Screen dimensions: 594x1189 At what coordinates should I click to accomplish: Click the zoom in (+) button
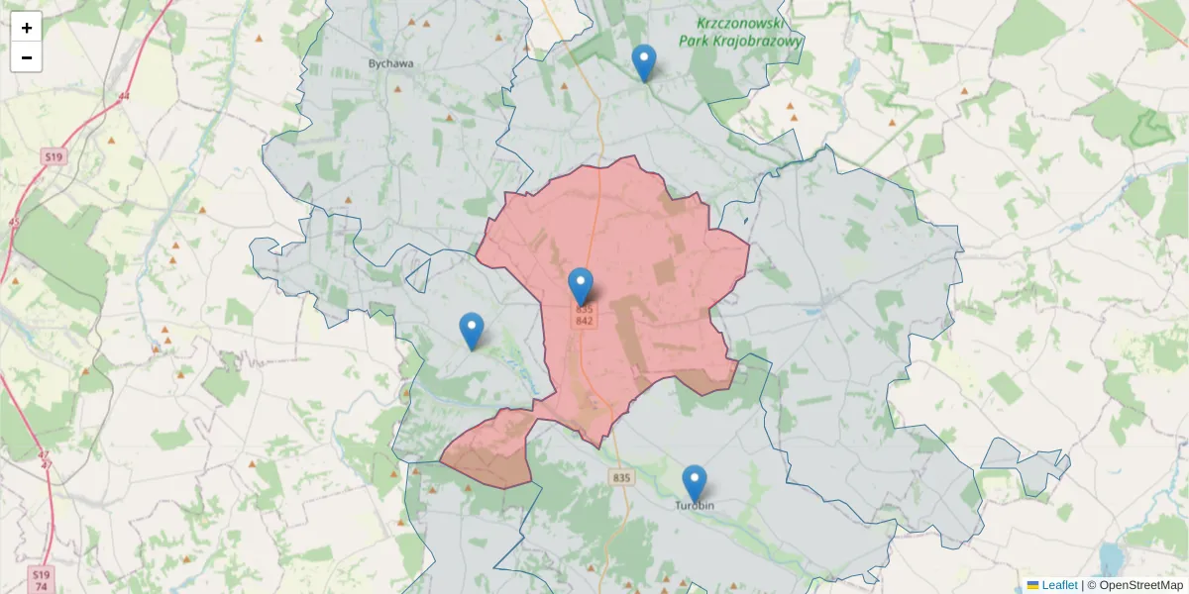tap(26, 28)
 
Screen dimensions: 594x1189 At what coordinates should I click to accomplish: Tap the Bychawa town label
tap(390, 63)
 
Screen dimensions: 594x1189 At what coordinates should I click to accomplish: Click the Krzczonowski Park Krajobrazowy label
tap(740, 32)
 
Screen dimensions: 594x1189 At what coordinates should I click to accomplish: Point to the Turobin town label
tap(695, 506)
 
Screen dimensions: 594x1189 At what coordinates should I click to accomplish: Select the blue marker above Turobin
tap(695, 482)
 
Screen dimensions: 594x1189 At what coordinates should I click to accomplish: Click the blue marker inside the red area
tap(581, 285)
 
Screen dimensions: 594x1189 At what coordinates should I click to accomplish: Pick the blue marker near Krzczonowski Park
tap(644, 61)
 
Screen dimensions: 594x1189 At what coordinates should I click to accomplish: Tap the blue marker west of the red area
tap(472, 330)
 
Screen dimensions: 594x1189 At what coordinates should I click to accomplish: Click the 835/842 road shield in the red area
tap(584, 316)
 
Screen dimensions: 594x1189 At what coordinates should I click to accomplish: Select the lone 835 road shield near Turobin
tap(621, 478)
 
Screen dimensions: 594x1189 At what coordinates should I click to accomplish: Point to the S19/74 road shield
tap(41, 579)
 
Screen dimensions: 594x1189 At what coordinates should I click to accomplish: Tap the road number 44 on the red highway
tap(123, 96)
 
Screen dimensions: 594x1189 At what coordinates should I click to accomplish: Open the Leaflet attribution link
tap(1059, 585)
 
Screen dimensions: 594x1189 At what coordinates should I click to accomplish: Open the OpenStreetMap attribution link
tap(1140, 585)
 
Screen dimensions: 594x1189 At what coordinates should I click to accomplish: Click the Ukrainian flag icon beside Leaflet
tap(1032, 585)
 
